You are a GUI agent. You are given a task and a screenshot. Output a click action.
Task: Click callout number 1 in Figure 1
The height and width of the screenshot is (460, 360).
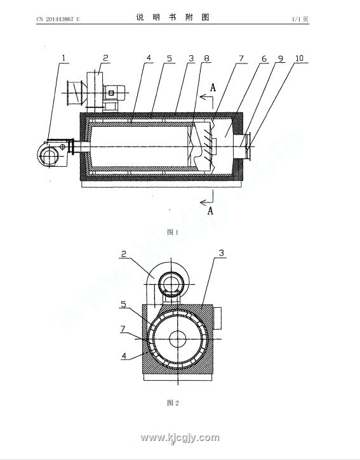click(x=63, y=58)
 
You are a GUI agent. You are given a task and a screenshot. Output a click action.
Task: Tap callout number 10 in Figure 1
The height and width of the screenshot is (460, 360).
click(x=299, y=58)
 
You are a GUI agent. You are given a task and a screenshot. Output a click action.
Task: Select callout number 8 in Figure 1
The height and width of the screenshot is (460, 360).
click(x=206, y=58)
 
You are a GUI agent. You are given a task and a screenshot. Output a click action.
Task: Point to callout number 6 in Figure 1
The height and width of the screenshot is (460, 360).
click(x=264, y=58)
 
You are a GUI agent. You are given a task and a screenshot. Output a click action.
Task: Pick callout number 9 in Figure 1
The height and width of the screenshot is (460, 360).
click(x=281, y=58)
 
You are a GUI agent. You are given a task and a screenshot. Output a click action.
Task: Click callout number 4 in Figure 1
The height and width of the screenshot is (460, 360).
click(x=149, y=58)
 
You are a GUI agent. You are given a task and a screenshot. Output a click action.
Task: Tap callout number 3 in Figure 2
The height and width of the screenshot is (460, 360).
click(x=222, y=253)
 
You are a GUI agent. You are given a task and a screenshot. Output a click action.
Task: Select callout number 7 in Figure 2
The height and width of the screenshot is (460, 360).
click(x=123, y=329)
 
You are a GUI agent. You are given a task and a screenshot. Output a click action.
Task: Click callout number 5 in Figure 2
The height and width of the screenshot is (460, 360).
click(x=124, y=304)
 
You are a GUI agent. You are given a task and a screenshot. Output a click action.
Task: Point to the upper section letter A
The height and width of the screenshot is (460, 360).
click(x=213, y=88)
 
